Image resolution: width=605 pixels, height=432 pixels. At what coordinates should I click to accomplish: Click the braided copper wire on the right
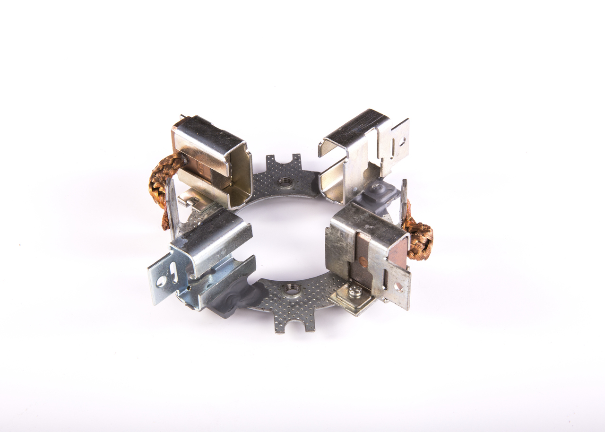pos(419,239)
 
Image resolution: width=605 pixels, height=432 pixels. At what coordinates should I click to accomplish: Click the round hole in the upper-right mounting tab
pos(401,140)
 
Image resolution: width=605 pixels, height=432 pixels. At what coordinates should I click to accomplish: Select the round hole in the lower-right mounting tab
pos(398,286)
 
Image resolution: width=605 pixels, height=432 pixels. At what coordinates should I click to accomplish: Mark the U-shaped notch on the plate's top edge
pos(284,160)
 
